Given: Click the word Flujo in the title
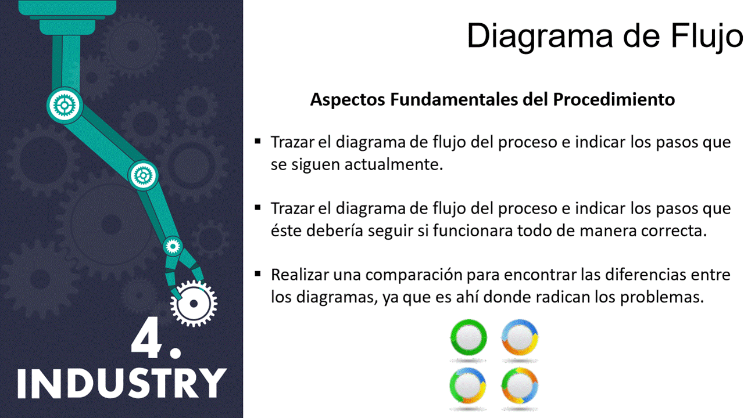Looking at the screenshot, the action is tap(707, 37).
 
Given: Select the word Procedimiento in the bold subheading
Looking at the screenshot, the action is tap(614, 99).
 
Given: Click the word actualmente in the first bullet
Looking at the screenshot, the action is tap(394, 164).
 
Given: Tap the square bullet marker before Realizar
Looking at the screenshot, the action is tap(257, 273).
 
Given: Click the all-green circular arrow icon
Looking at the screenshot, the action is tap(468, 338).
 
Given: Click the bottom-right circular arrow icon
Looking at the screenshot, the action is tap(520, 385).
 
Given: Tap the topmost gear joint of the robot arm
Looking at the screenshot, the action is tap(65, 106).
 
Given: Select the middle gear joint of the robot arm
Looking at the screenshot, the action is tap(143, 175).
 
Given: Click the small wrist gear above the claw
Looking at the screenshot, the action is tap(173, 246).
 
